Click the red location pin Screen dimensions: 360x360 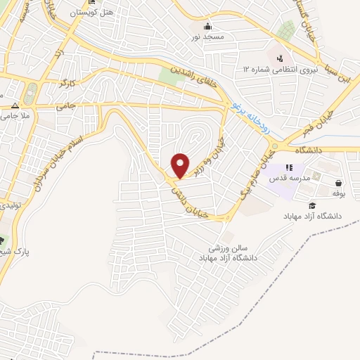181,165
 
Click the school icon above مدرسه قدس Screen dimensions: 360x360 288,167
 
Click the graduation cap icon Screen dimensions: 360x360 312,205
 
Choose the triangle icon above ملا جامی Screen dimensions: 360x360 15,103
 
